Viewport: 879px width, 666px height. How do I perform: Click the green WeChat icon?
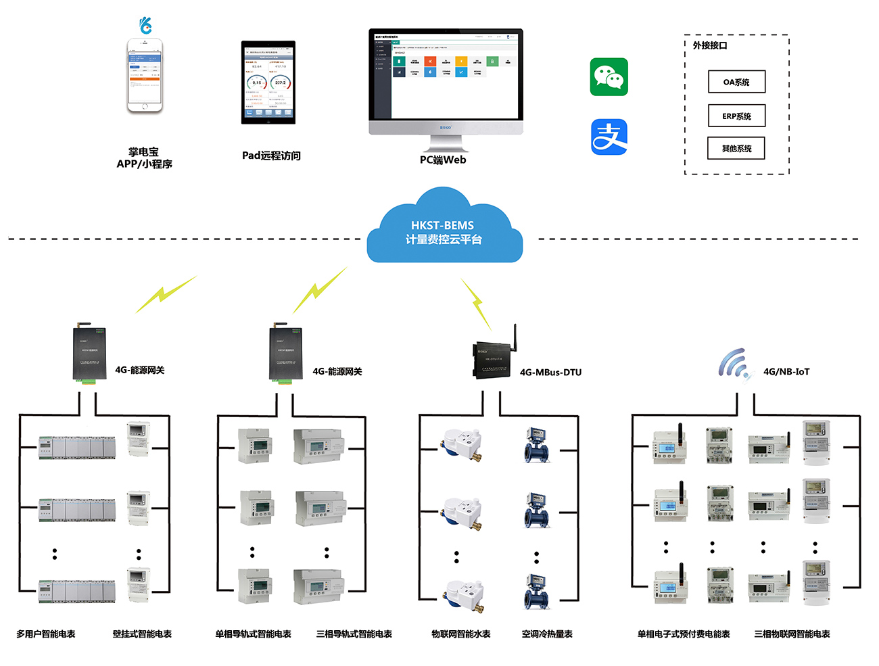(x=609, y=76)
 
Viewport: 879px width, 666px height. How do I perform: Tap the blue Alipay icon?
(x=609, y=137)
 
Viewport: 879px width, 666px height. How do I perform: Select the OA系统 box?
(x=736, y=82)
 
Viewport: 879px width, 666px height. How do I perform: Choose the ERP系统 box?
(x=736, y=116)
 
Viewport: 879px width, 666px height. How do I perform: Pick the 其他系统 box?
(x=736, y=148)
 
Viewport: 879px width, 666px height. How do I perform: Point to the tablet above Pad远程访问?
(x=268, y=82)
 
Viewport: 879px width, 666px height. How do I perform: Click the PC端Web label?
(x=443, y=160)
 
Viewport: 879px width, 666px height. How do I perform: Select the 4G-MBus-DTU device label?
(x=550, y=373)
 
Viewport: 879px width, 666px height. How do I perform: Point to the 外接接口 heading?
(x=709, y=45)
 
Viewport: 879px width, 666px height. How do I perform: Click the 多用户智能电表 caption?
(x=46, y=634)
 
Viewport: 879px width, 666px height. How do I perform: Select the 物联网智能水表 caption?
(x=460, y=634)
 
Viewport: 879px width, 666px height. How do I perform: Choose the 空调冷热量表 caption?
(x=547, y=634)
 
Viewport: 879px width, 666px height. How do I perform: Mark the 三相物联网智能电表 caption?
(x=792, y=634)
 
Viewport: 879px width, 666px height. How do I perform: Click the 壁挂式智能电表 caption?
(x=142, y=634)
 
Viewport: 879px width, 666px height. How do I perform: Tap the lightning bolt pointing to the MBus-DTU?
(x=476, y=302)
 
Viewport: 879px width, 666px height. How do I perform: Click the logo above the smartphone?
(x=145, y=26)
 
